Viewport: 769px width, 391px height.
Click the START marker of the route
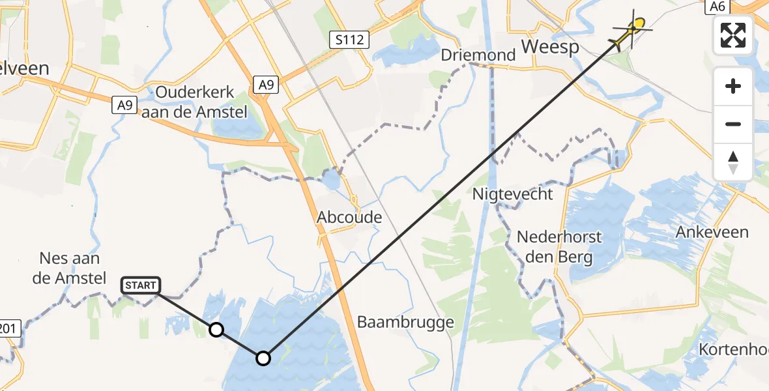tap(140, 285)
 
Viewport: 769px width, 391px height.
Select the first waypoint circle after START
tap(216, 330)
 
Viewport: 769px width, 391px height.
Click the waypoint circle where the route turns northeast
tap(263, 358)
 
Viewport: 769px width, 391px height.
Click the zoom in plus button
tap(733, 86)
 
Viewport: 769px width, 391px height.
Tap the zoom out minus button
tap(733, 124)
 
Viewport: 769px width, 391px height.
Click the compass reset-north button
tap(733, 162)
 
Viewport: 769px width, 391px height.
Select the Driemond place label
tap(478, 55)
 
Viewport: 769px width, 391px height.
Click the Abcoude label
tap(349, 217)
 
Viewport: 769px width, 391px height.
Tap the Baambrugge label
tap(405, 322)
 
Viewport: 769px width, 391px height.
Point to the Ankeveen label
tap(712, 232)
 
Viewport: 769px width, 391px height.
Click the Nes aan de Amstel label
tap(63, 268)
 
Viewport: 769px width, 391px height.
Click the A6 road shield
tap(716, 6)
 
